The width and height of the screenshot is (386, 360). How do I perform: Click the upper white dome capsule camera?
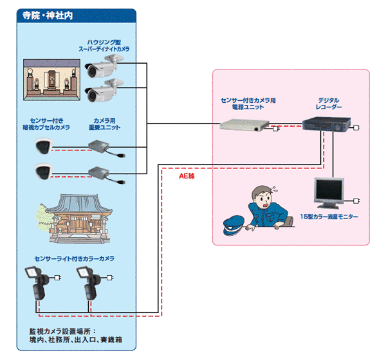coord(44,147)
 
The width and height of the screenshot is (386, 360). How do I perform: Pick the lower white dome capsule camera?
coord(44,172)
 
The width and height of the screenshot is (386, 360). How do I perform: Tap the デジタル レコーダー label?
coord(328,105)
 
